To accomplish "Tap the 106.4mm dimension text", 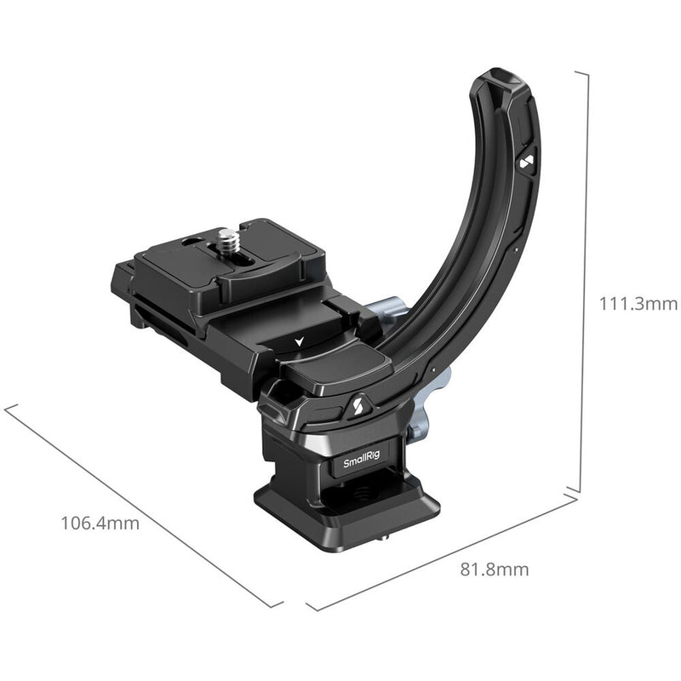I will (x=100, y=522).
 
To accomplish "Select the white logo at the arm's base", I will (x=354, y=407).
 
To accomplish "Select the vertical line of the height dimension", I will (x=581, y=281).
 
